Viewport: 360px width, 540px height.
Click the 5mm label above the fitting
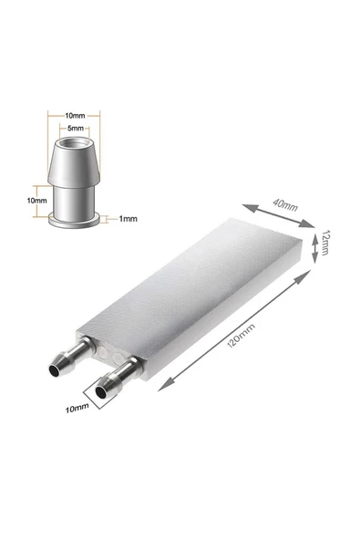[x=76, y=129]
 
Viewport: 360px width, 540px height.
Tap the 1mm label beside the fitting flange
[x=128, y=219]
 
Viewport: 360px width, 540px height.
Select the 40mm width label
[x=285, y=204]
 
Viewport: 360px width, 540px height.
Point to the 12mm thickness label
[x=325, y=243]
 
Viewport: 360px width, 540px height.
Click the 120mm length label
[x=242, y=336]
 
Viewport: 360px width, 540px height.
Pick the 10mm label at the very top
[x=75, y=116]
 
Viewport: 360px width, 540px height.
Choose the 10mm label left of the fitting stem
[x=36, y=201]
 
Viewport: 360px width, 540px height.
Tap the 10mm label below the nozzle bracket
[x=77, y=409]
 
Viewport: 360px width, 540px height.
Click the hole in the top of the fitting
[x=74, y=142]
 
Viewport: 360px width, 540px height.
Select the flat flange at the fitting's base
[x=75, y=221]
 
